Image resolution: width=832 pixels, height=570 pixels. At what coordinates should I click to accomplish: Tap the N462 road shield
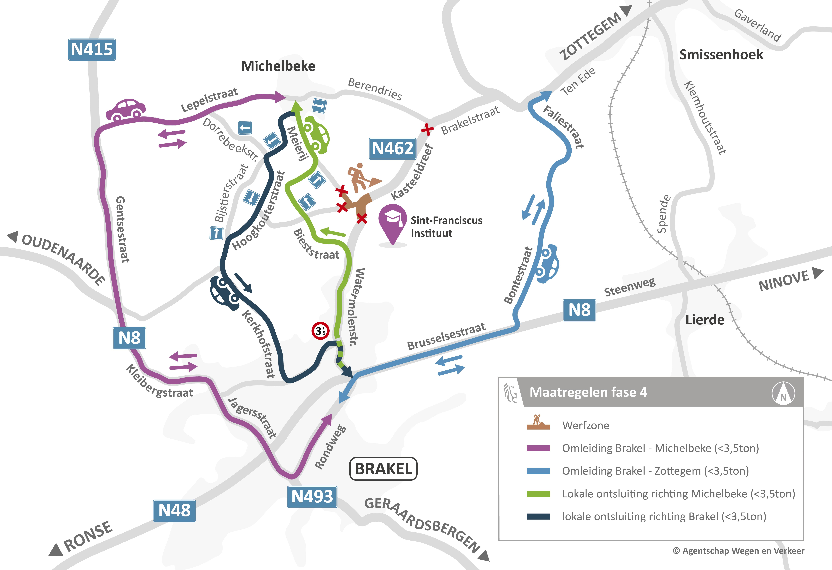pos(393,148)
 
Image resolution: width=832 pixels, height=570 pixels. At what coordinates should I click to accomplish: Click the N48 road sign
pos(174,511)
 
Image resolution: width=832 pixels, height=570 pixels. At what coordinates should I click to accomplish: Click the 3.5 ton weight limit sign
pos(320,331)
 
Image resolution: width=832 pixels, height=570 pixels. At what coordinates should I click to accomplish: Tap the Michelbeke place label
pos(278,66)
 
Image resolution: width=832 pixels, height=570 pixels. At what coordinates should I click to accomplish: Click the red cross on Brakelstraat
pos(427,129)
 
